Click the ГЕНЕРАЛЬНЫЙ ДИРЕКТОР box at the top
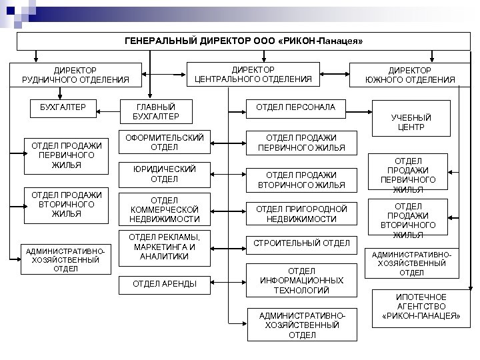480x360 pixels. (243, 41)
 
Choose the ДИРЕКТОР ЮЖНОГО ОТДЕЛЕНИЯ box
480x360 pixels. (410, 75)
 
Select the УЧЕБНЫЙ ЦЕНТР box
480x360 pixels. (411, 122)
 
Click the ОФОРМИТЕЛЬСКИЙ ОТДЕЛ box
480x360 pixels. (160, 142)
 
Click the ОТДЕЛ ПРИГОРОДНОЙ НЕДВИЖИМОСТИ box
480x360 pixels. (301, 213)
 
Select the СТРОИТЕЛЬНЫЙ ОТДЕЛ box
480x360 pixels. (301, 243)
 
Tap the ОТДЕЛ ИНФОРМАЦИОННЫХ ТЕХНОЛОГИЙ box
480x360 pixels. (301, 281)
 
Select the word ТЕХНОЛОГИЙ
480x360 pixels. (301, 291)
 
